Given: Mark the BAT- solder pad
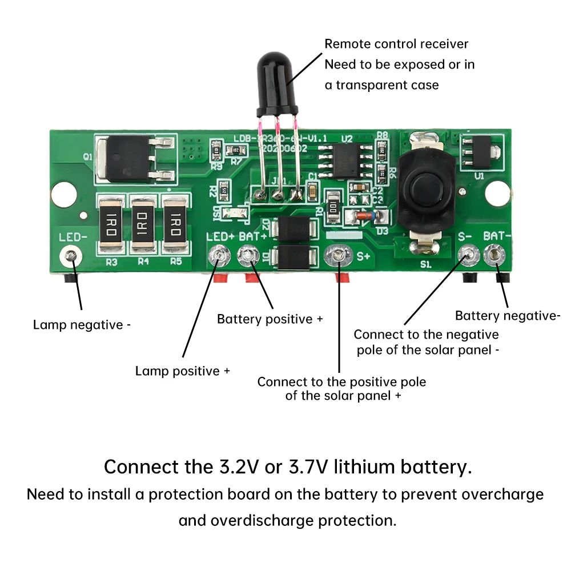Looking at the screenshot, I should click(x=494, y=255).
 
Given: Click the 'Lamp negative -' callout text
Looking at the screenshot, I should click(x=82, y=325).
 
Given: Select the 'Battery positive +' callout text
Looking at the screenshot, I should click(x=270, y=319).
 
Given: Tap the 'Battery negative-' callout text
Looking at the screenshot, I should click(x=508, y=316).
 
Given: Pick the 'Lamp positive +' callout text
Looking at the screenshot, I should click(x=182, y=371).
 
